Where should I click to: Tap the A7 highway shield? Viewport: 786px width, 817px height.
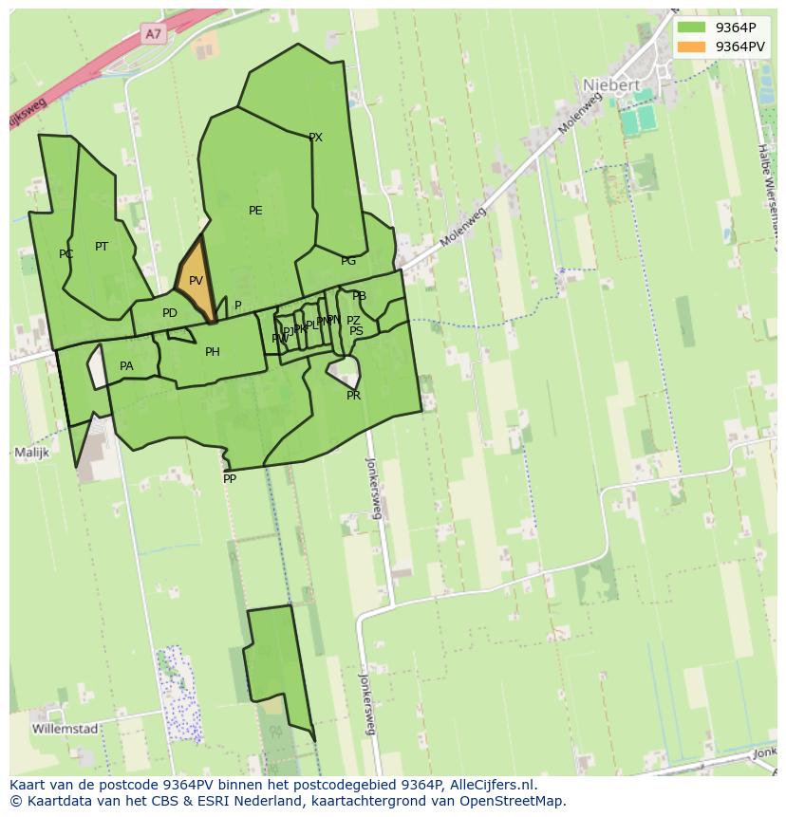click(x=153, y=34)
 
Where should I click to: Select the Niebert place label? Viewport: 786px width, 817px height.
click(x=611, y=84)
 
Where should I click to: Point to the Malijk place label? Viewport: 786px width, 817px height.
click(x=31, y=453)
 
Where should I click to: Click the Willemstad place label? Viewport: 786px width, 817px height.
click(x=65, y=729)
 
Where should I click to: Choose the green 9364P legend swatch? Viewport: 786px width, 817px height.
click(x=692, y=28)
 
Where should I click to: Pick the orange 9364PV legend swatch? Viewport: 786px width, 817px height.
click(x=692, y=46)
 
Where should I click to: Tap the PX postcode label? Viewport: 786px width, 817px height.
click(x=315, y=138)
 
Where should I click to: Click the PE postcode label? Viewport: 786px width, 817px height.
click(x=255, y=211)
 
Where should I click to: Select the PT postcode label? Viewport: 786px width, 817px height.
click(x=102, y=247)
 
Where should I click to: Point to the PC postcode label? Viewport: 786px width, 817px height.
click(x=65, y=254)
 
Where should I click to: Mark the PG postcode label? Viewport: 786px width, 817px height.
click(x=348, y=261)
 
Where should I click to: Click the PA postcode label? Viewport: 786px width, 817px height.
click(x=126, y=366)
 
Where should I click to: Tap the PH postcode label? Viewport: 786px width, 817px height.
click(x=213, y=352)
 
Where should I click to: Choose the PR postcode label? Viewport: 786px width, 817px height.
click(x=353, y=396)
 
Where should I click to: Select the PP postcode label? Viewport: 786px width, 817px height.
click(x=230, y=479)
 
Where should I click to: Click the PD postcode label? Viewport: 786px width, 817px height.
click(x=170, y=313)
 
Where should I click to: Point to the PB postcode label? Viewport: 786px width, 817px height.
click(x=359, y=297)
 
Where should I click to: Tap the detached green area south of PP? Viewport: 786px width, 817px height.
click(x=277, y=664)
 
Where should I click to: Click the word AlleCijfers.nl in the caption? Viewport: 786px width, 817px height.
click(x=492, y=785)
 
